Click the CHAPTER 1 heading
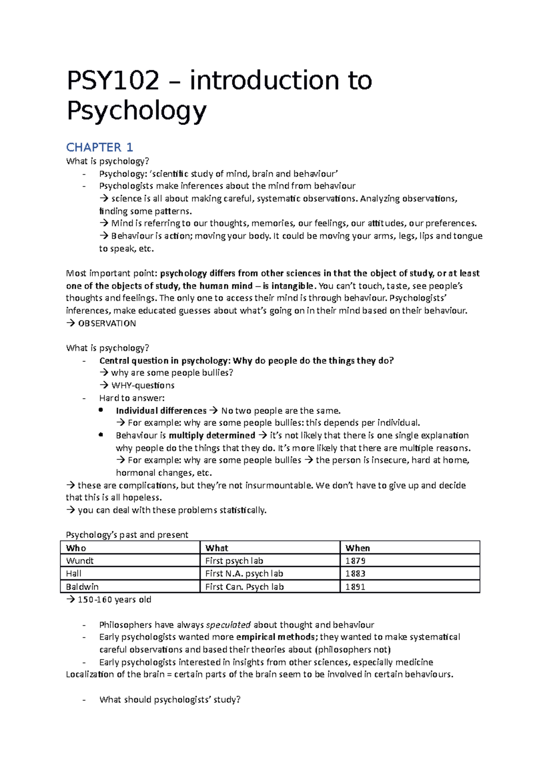[x=99, y=147]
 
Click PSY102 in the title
[x=113, y=81]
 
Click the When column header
[x=358, y=548]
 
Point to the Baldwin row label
[x=82, y=587]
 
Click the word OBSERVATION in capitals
[x=107, y=323]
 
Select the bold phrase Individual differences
[x=161, y=411]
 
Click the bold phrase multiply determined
[x=212, y=435]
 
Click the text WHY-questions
[x=143, y=385]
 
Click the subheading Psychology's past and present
[x=127, y=535]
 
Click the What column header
[x=217, y=548]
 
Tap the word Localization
[x=90, y=674]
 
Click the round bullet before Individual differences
[x=101, y=410]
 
